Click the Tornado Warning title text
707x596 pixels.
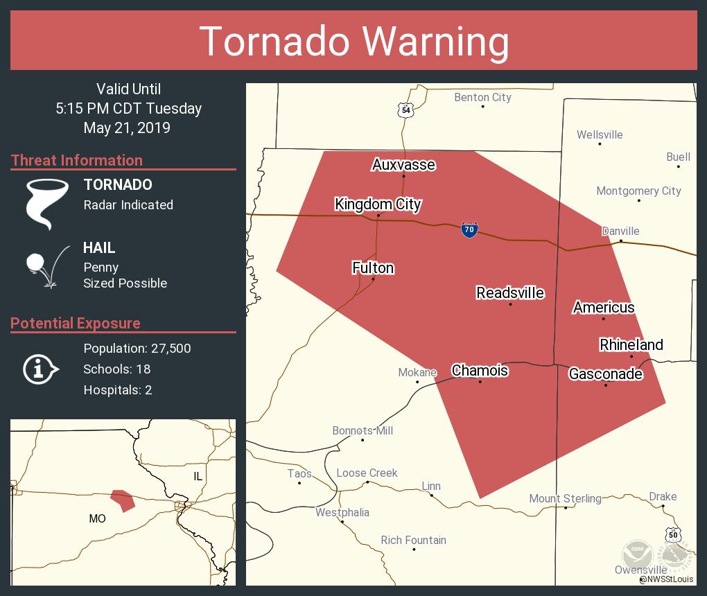tap(353, 41)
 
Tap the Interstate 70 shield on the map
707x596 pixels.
tap(469, 229)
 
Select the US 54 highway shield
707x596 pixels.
tap(405, 109)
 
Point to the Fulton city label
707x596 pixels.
tap(373, 268)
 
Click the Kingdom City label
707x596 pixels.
tap(378, 204)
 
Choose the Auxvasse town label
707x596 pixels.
tap(403, 164)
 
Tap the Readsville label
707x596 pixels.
tap(510, 293)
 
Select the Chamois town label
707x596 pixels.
tap(480, 370)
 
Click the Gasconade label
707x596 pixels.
tap(605, 374)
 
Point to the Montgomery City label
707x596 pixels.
tap(638, 191)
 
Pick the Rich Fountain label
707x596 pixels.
tap(413, 540)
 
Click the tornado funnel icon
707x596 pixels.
tap(47, 204)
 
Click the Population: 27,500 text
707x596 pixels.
tap(137, 348)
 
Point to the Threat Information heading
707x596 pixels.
tap(77, 160)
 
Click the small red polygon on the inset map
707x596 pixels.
tap(123, 499)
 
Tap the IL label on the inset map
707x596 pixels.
tap(198, 476)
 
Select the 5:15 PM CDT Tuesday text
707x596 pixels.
tap(128, 108)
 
